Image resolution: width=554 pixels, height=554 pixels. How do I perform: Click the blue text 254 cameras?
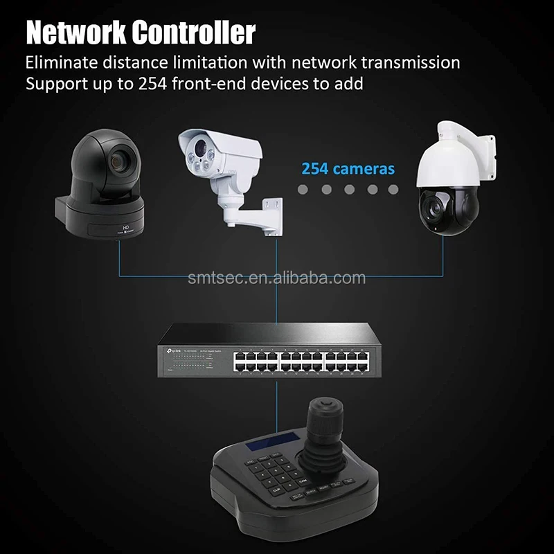[x=348, y=168]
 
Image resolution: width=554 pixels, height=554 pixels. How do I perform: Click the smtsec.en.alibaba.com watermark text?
[x=277, y=278]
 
